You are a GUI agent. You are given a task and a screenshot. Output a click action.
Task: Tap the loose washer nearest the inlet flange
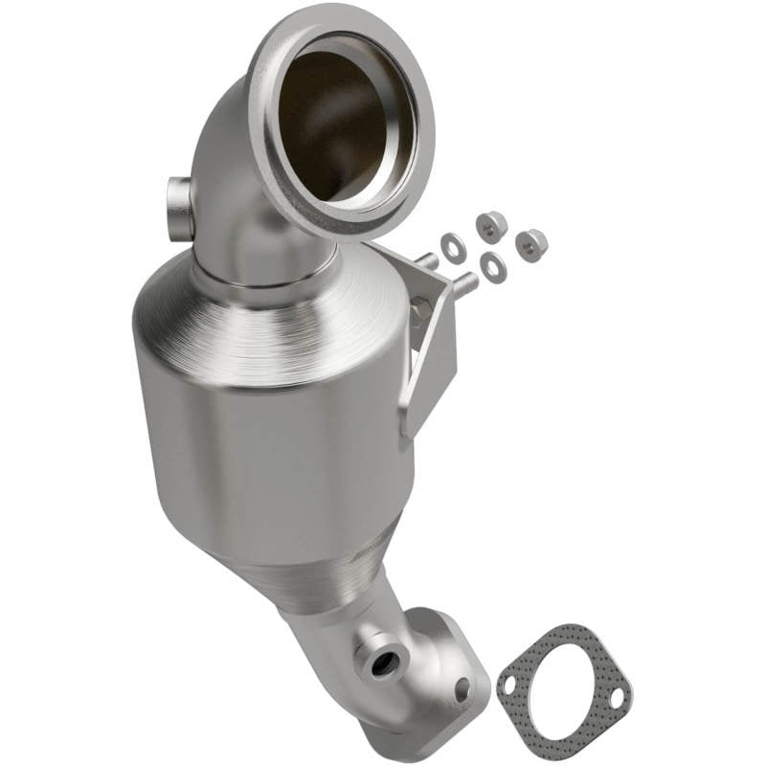click(x=450, y=242)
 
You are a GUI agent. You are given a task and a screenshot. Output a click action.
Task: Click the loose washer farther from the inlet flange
click(x=493, y=268)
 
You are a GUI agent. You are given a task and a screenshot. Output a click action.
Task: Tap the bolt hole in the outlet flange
click(x=462, y=686)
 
